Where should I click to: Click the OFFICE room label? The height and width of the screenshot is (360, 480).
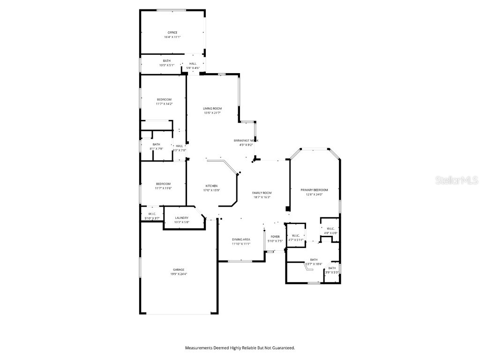pyautogui.click(x=172, y=32)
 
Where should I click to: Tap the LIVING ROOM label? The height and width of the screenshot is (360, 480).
pyautogui.click(x=212, y=108)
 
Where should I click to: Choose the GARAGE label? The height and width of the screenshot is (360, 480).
pyautogui.click(x=178, y=270)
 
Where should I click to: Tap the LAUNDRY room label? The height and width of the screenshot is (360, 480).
pyautogui.click(x=181, y=217)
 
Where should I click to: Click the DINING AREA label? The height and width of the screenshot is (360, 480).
pyautogui.click(x=241, y=239)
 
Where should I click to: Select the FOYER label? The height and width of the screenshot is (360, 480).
pyautogui.click(x=275, y=237)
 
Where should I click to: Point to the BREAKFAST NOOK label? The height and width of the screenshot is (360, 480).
pyautogui.click(x=246, y=140)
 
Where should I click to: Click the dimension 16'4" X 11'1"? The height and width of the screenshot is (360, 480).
pyautogui.click(x=172, y=37)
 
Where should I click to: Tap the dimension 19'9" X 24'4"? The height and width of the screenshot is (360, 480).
pyautogui.click(x=178, y=274)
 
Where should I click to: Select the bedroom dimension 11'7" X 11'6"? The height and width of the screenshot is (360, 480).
pyautogui.click(x=164, y=188)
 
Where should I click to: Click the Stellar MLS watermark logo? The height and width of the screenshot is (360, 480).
pyautogui.click(x=457, y=180)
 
